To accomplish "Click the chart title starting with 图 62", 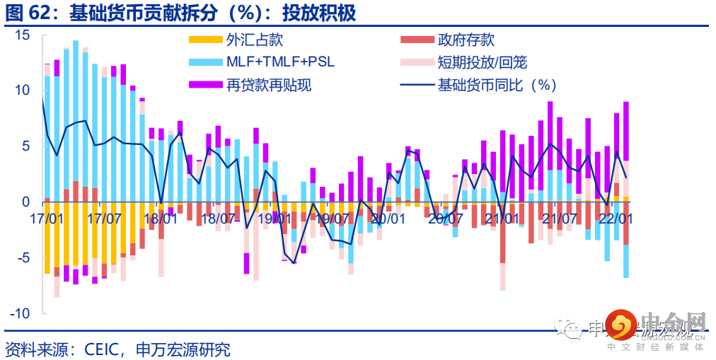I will pos(180,13).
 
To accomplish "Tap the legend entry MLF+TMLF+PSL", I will pos(280,62).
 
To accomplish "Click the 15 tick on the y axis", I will pos(23,35).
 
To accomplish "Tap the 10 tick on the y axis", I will pos(23,91).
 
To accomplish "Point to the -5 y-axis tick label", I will pos(23,257).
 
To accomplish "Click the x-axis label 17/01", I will pos(47,219).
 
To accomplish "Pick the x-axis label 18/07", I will pos(218,219).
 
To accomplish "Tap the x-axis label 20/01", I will pos(388,219).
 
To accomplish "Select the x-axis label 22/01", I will pos(616,219).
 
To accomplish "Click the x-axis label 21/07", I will pos(559,219).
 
